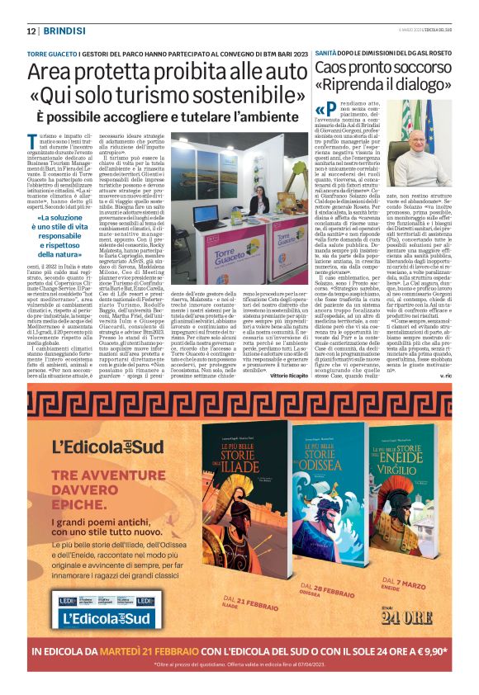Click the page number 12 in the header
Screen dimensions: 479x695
pos(31,31)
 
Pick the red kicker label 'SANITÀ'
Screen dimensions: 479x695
pos(330,51)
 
